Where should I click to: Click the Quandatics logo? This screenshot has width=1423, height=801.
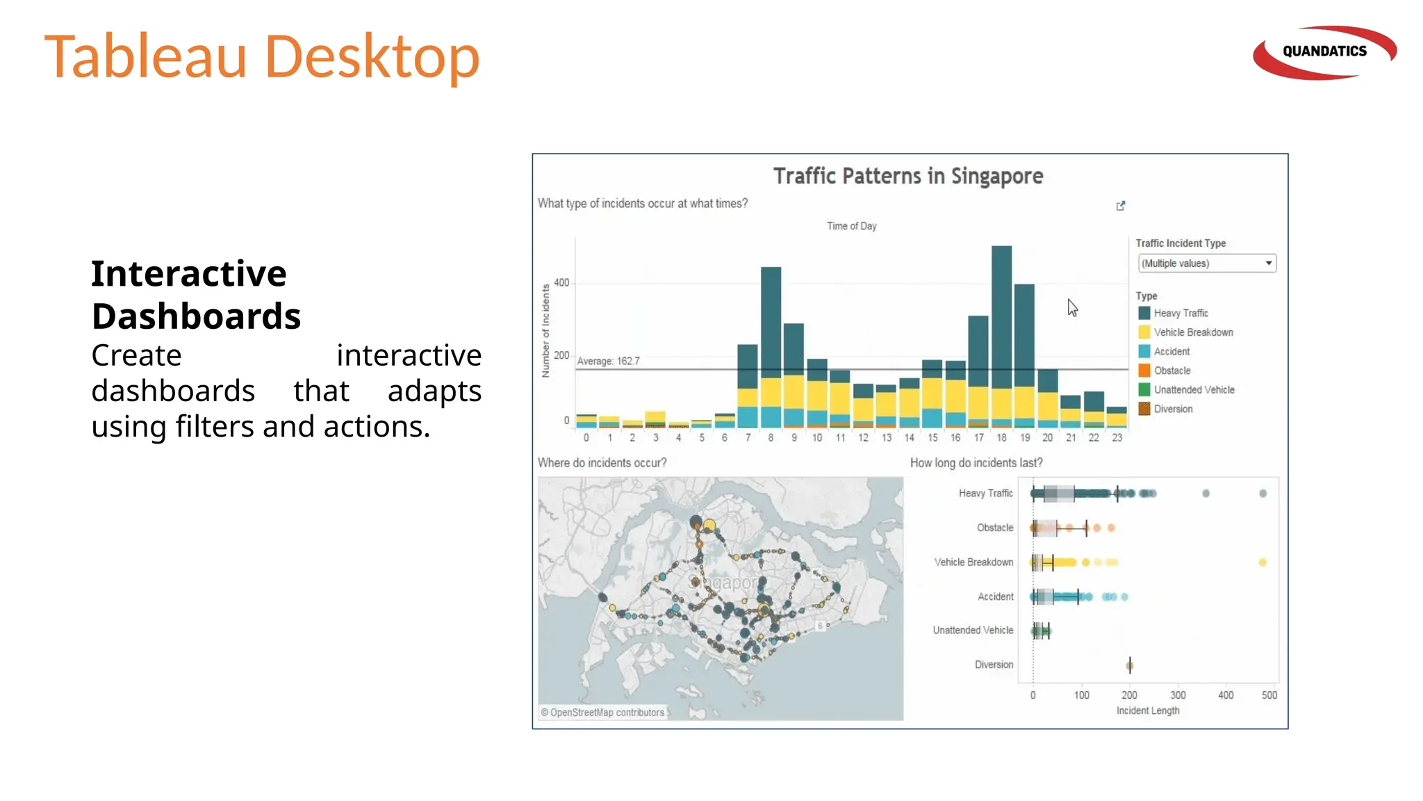(1324, 52)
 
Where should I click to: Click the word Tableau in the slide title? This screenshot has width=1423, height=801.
(146, 56)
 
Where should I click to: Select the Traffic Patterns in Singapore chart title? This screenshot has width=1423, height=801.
(908, 176)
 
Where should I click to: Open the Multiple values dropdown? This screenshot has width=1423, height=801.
(1207, 264)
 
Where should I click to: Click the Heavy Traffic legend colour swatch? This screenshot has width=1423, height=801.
(1144, 313)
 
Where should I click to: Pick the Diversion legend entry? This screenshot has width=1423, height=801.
(1173, 409)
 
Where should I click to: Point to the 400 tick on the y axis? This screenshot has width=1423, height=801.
(561, 283)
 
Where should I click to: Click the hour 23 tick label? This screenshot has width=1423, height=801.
(1117, 437)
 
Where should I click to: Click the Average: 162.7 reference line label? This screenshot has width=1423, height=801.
(608, 361)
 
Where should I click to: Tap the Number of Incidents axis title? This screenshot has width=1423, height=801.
(545, 331)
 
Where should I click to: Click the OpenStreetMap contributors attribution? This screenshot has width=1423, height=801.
(603, 713)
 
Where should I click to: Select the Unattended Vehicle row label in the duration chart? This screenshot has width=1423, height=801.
(973, 630)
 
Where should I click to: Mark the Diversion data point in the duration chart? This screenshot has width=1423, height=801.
(1130, 665)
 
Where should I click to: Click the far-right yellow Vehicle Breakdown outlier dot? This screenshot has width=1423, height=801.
(1262, 563)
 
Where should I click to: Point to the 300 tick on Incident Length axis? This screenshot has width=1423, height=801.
(1178, 695)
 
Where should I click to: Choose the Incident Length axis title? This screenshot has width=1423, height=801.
(1148, 711)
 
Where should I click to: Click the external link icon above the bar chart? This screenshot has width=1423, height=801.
(1121, 206)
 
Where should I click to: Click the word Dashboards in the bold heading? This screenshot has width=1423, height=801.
(196, 316)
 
